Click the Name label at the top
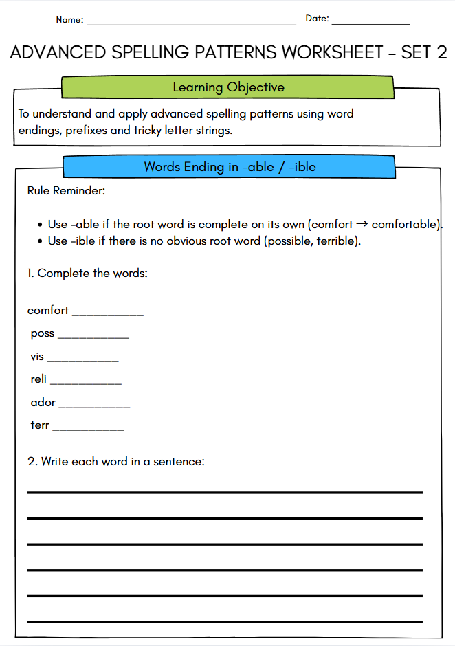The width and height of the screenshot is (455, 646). click(69, 20)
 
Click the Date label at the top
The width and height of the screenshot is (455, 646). click(317, 19)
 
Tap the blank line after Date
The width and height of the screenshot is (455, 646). click(370, 23)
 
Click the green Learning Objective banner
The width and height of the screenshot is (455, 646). click(227, 87)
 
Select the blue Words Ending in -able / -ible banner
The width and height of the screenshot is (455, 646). click(230, 167)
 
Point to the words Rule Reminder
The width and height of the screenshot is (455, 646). click(66, 190)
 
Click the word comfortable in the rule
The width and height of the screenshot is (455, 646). click(404, 225)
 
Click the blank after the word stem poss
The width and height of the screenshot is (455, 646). click(93, 337)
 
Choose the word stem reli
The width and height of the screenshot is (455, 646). click(38, 379)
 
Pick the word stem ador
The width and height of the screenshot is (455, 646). click(43, 402)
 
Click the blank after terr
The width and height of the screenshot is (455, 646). click(88, 429)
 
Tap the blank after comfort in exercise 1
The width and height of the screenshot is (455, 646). click(108, 314)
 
